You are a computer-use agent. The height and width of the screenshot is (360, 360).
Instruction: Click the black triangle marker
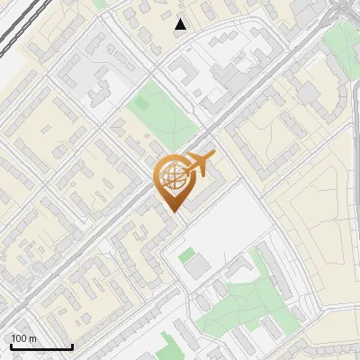(x=181, y=24)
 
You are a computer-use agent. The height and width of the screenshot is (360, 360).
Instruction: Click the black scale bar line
(x=40, y=347)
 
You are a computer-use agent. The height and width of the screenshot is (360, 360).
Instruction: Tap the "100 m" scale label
(x=23, y=339)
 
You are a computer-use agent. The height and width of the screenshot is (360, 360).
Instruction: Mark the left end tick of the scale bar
(x=10, y=345)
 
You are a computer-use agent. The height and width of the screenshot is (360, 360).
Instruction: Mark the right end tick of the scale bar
(x=72, y=345)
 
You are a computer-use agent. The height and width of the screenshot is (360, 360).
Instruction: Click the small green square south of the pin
(x=186, y=256)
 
